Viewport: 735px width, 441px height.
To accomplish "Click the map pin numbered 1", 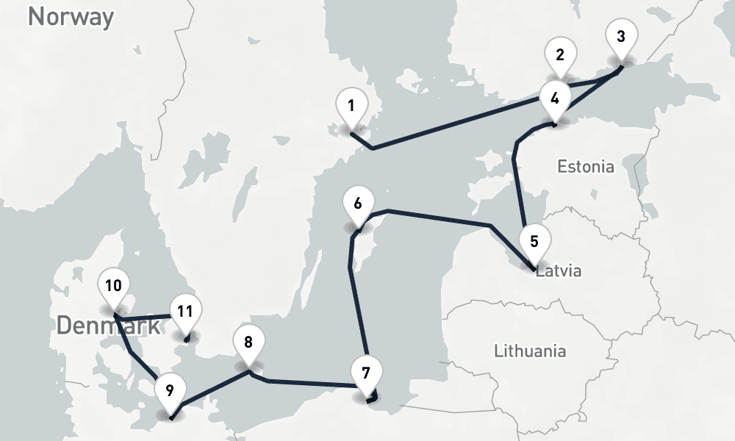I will pos(351,107).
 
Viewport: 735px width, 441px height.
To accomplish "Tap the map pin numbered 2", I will pos(560,56).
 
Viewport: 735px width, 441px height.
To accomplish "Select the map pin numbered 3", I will pos(621,37).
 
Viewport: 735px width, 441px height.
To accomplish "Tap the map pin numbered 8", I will pos(248,343).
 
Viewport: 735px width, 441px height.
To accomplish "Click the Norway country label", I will pos(71,16).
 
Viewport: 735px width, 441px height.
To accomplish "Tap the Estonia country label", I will pos(586,166).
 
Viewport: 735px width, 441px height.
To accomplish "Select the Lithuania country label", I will pos(530,350).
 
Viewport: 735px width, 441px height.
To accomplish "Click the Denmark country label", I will pos(107,326).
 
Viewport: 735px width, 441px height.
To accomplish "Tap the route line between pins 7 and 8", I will pos(309,383).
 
